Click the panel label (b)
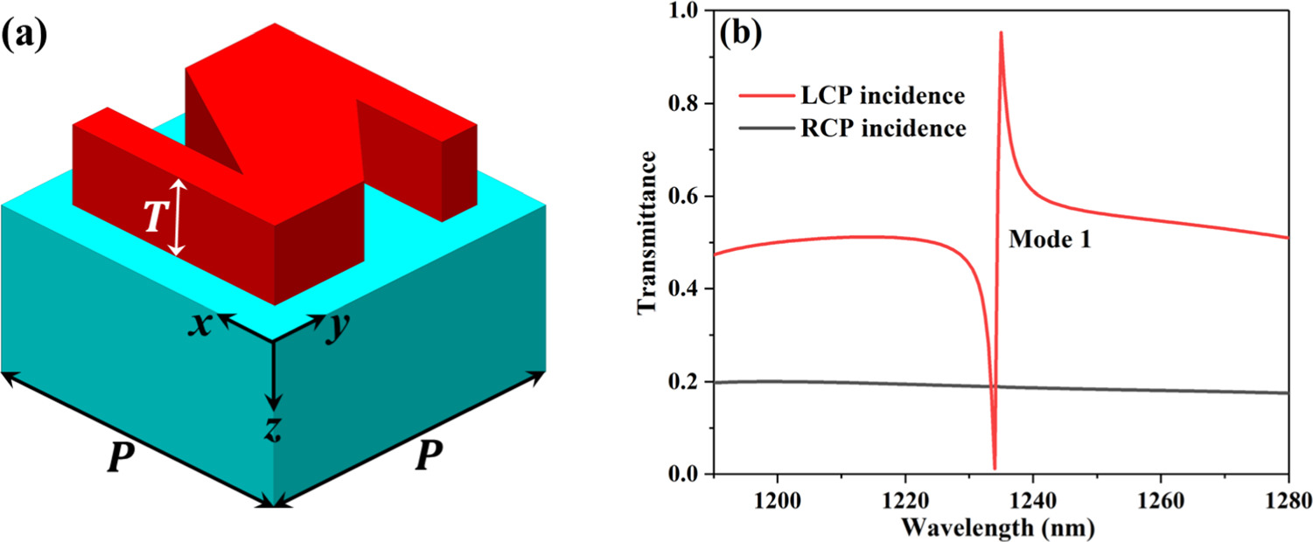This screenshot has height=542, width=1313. [741, 36]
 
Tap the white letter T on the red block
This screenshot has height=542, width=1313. [153, 218]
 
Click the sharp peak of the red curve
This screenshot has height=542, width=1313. [1001, 33]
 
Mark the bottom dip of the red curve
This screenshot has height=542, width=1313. [995, 468]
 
